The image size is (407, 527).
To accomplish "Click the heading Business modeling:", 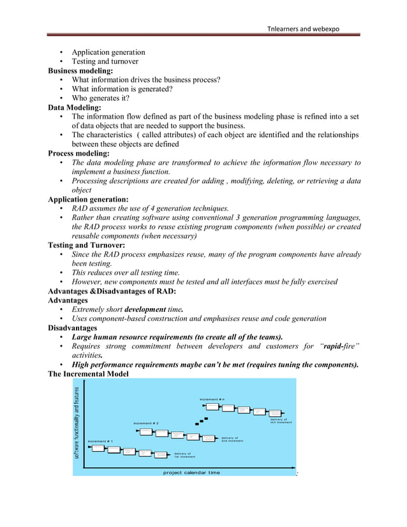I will click(80, 71).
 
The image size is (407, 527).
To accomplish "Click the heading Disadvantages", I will click(72, 328).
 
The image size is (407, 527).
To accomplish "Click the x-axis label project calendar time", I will click(191, 472).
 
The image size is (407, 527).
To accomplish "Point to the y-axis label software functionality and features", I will click(77, 424).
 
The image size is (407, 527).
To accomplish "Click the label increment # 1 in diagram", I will click(100, 441).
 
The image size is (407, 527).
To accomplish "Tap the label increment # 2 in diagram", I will click(146, 424).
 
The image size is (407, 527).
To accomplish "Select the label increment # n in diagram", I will click(212, 399).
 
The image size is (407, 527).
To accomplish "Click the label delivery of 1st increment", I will click(185, 455).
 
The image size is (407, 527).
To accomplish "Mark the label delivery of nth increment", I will click(281, 420).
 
